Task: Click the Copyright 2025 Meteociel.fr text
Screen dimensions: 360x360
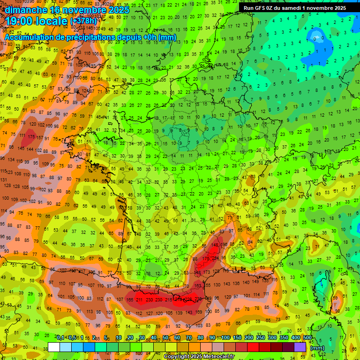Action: pos(199,357)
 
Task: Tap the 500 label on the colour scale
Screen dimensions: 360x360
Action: pos(307,338)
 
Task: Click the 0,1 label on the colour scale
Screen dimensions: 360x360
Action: pos(60,338)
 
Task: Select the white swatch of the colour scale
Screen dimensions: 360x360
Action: pos(54,347)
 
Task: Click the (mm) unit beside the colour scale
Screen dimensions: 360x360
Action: pos(318,348)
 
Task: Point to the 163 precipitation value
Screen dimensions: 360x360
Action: pos(198,285)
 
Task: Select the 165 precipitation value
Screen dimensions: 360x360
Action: pos(130,300)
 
